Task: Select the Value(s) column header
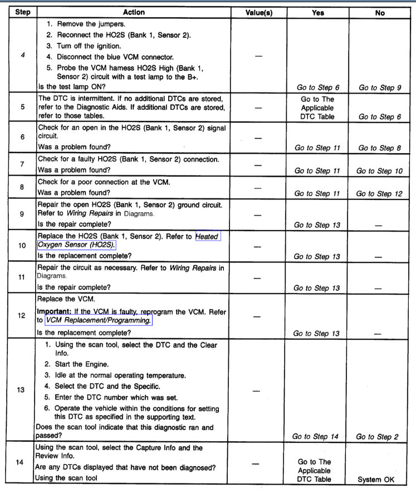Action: [258, 12]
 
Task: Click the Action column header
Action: [133, 12]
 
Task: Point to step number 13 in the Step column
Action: [21, 390]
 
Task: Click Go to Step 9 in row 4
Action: [379, 87]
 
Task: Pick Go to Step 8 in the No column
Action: [379, 148]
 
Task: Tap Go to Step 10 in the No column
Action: [379, 171]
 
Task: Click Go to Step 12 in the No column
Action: [379, 193]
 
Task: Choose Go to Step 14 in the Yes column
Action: [315, 437]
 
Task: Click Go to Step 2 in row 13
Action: [379, 437]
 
